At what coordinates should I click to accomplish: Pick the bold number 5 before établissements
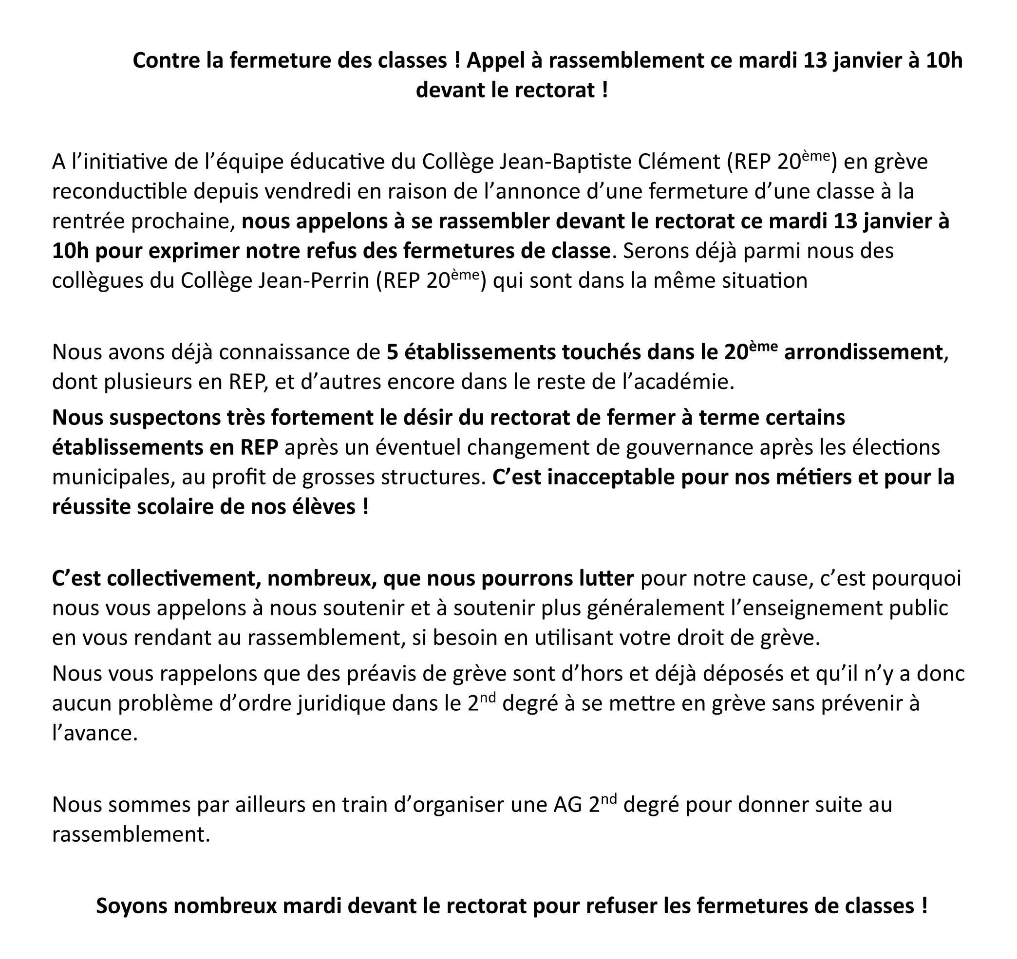click(x=392, y=352)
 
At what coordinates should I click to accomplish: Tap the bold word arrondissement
click(x=863, y=352)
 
